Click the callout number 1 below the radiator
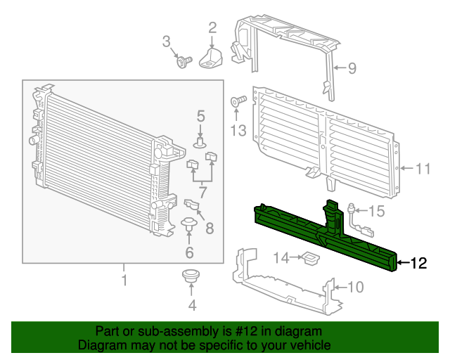coord(124,281)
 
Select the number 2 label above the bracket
coord(212,28)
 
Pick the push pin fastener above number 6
coord(188,226)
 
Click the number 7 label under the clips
coord(202,191)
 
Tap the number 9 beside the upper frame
coord(352,68)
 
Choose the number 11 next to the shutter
coord(422,169)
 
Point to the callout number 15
coord(376,210)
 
